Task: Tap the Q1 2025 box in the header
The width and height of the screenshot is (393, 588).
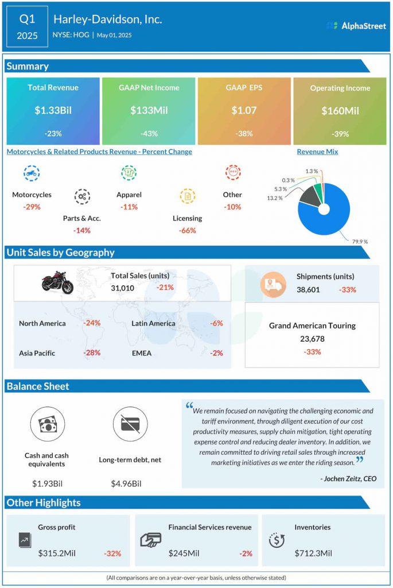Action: pyautogui.click(x=27, y=27)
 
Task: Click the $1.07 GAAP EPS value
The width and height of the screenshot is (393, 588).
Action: pyautogui.click(x=244, y=110)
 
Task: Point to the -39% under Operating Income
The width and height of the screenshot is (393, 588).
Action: pyautogui.click(x=340, y=134)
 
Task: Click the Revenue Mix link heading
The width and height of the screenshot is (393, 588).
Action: pyautogui.click(x=317, y=152)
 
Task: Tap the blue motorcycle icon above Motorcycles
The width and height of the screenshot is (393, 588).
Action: pyautogui.click(x=32, y=172)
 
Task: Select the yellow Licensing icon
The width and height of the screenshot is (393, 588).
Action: pyautogui.click(x=187, y=196)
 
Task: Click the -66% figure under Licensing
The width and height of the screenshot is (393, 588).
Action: pyautogui.click(x=187, y=230)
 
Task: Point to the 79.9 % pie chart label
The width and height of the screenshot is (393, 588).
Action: pyautogui.click(x=360, y=241)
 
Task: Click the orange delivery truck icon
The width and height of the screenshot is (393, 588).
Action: pyautogui.click(x=273, y=284)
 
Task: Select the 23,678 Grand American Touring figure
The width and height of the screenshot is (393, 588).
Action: pyautogui.click(x=312, y=339)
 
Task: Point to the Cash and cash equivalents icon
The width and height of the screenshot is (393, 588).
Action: pyautogui.click(x=47, y=424)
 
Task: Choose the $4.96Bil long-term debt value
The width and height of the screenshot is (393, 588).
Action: pyautogui.click(x=126, y=483)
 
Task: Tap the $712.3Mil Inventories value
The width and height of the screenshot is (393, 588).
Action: pyautogui.click(x=313, y=553)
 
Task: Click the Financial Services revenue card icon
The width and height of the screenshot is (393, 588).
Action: pyautogui.click(x=150, y=540)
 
